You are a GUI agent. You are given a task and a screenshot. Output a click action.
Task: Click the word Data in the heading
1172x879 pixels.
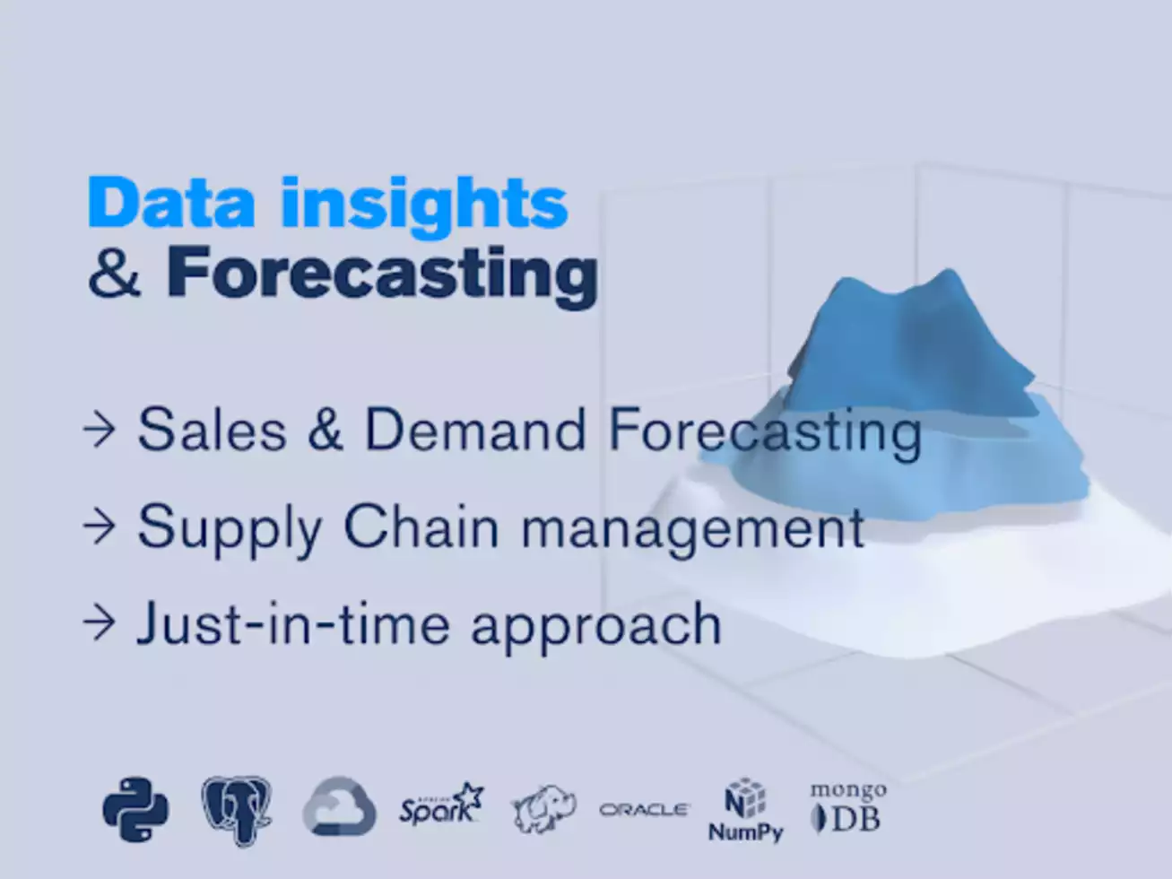pyautogui.click(x=171, y=203)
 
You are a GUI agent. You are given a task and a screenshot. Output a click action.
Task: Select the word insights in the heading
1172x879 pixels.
pyautogui.click(x=424, y=209)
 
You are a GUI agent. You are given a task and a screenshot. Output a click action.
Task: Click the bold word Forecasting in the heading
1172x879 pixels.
pyautogui.click(x=382, y=278)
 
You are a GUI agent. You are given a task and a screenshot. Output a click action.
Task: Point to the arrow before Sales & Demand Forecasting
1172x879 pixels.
pyautogui.click(x=100, y=429)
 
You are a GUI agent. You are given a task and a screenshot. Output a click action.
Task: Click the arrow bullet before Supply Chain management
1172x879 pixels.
pyautogui.click(x=100, y=527)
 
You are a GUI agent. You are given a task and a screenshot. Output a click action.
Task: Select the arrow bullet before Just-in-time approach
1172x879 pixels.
pyautogui.click(x=100, y=622)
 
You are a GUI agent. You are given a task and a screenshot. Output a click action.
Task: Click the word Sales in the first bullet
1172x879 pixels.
pyautogui.click(x=212, y=430)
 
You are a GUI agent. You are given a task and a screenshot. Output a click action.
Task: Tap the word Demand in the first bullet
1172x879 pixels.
pyautogui.click(x=475, y=430)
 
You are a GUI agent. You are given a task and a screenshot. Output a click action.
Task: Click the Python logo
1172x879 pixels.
pyautogui.click(x=135, y=810)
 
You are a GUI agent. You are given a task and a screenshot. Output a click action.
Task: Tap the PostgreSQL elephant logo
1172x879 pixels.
pyautogui.click(x=237, y=811)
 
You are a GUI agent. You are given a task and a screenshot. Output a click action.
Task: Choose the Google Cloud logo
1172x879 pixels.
pyautogui.click(x=340, y=807)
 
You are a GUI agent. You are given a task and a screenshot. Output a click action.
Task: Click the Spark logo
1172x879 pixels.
pyautogui.click(x=441, y=805)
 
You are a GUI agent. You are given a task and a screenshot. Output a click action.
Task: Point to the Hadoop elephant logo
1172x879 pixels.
pyautogui.click(x=543, y=808)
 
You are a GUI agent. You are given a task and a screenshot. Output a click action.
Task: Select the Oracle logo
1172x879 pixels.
pyautogui.click(x=645, y=810)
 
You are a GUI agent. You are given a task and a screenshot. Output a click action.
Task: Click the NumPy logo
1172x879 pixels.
pyautogui.click(x=745, y=810)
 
